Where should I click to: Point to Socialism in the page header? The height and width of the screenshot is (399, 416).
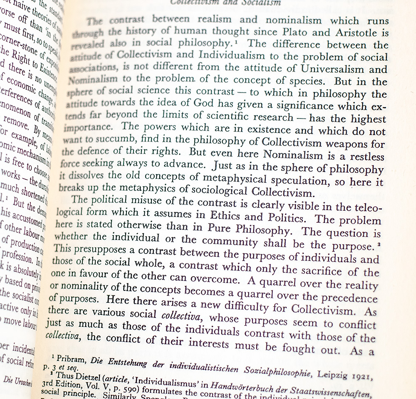260,2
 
